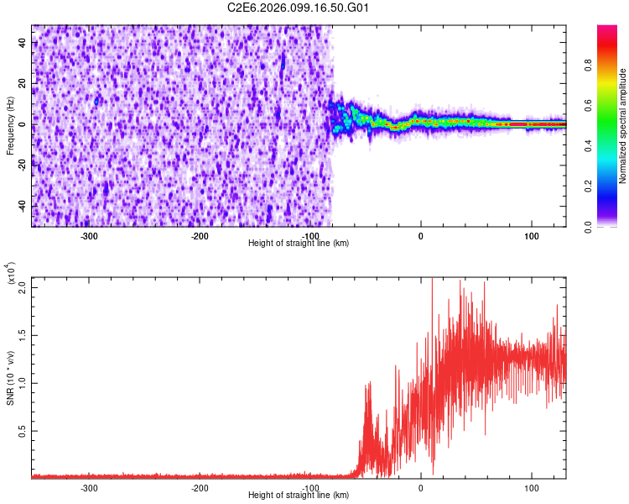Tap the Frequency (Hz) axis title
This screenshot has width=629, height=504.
[x=10, y=125]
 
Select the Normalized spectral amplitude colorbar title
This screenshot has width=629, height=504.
[x=622, y=126]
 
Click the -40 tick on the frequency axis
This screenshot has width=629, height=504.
[x=22, y=207]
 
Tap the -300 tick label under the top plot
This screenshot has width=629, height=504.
[x=90, y=235]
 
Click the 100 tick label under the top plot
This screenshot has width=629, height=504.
[x=531, y=235]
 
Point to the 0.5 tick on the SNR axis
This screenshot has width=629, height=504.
[x=22, y=431]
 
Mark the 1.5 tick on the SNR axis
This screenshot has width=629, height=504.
[x=22, y=334]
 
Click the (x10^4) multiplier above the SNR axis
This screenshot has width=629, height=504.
[x=11, y=274]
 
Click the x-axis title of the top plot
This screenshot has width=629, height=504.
[x=299, y=244]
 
